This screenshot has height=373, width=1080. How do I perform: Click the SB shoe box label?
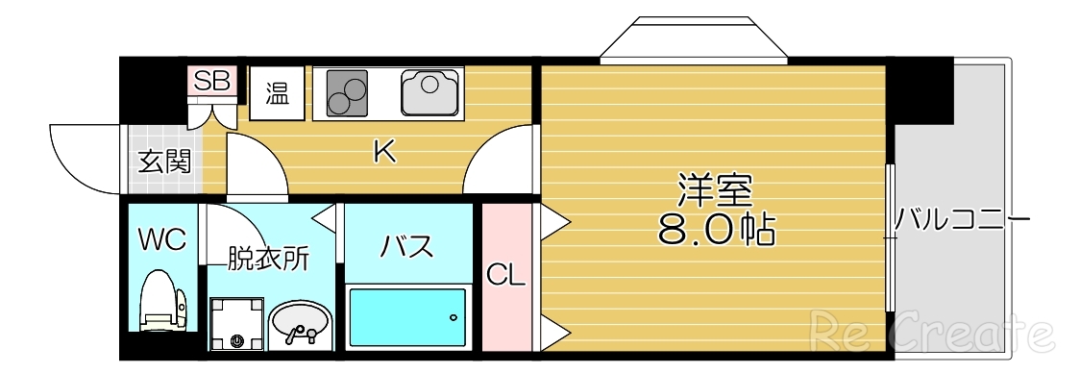(211, 81)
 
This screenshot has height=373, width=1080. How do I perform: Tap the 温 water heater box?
(277, 93)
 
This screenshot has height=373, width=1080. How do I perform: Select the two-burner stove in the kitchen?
(346, 94)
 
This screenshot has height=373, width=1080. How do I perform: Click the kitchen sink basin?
(428, 93)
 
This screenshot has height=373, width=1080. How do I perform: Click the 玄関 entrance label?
(164, 162)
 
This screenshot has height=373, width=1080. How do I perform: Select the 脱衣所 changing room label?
(268, 259)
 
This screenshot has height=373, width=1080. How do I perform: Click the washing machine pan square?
(236, 324)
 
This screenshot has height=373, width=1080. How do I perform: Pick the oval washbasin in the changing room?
(300, 324)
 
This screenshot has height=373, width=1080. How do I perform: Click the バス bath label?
(406, 247)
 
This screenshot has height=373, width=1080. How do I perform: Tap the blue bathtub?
(407, 317)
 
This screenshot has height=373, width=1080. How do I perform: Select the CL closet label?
(505, 277)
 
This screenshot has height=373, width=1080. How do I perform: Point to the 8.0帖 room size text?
(716, 229)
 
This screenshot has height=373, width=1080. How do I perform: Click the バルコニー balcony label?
(961, 220)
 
